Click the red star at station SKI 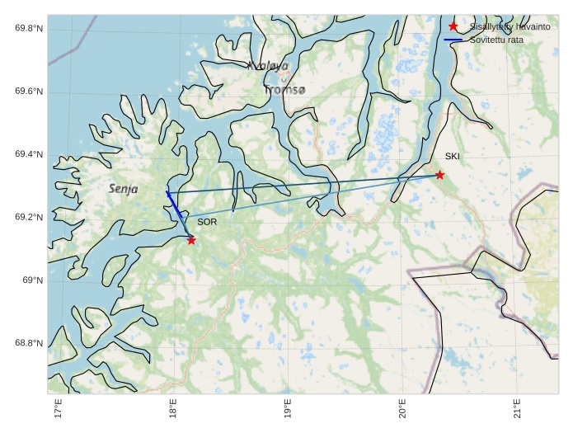(439, 175)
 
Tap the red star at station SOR (191, 240)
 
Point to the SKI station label (453, 157)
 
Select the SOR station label (207, 223)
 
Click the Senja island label (123, 189)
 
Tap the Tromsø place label (284, 89)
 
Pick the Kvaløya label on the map (268, 66)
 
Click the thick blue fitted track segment (173, 205)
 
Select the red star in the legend (453, 26)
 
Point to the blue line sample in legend (453, 40)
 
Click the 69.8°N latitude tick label (29, 29)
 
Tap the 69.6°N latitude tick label (29, 92)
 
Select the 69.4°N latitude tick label (29, 155)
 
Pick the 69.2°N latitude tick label (29, 218)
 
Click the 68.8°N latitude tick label (29, 344)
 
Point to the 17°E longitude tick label (58, 408)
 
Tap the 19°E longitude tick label (288, 408)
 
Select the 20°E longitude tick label (402, 408)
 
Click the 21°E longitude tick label (517, 408)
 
